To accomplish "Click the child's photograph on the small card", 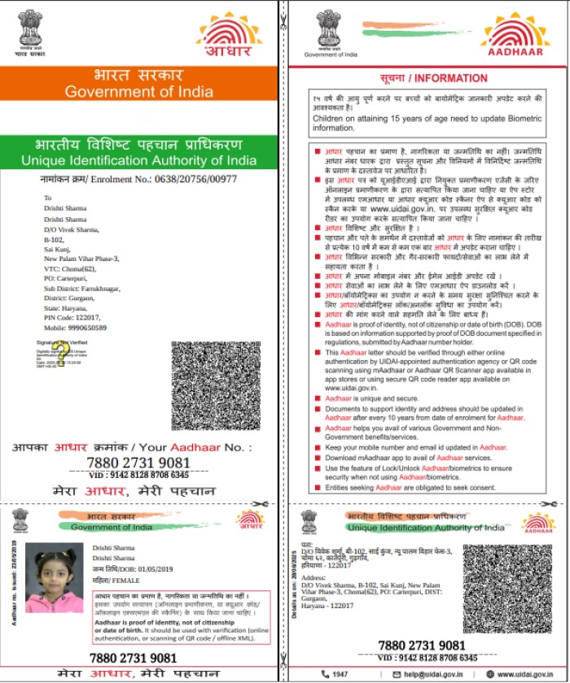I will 55,578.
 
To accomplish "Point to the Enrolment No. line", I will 138,178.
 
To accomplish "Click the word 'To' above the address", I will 47,198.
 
